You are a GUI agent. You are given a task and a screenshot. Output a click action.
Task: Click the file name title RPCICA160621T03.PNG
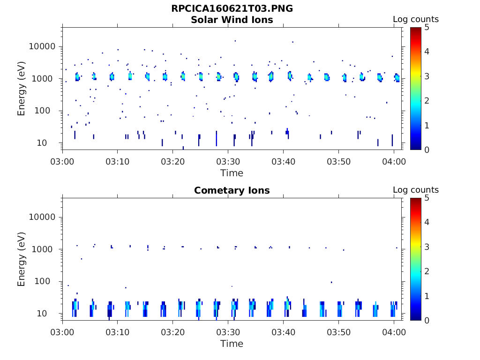tap(232, 8)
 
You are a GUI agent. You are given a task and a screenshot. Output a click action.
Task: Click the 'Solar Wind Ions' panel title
tap(232, 20)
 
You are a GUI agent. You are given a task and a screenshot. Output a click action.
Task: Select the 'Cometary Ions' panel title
tap(232, 190)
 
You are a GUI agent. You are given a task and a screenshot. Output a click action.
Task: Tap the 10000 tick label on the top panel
tap(42, 47)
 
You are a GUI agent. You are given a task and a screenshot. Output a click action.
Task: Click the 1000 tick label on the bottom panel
tap(45, 249)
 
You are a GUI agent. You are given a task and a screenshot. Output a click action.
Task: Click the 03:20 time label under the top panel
tap(173, 161)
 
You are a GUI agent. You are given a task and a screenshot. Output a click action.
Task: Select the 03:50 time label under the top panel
tap(338, 161)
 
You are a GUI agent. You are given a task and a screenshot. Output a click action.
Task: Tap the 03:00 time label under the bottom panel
tap(62, 332)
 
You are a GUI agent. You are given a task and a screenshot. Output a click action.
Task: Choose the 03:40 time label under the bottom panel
tap(283, 332)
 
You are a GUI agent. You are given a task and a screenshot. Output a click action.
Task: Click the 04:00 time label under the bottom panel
tap(394, 332)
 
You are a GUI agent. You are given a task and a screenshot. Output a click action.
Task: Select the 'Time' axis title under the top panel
tap(232, 173)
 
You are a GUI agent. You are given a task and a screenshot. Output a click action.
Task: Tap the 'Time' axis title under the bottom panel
tap(232, 344)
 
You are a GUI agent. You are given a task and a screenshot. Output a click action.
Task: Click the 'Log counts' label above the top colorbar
tap(415, 19)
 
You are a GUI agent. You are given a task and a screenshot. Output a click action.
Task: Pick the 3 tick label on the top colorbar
tap(427, 76)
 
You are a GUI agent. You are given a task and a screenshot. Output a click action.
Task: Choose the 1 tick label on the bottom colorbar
tap(427, 296)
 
